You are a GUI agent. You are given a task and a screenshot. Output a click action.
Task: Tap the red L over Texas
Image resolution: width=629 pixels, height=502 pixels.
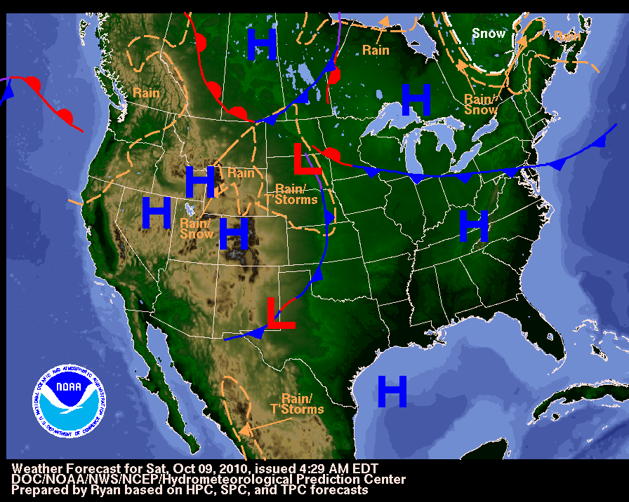281,313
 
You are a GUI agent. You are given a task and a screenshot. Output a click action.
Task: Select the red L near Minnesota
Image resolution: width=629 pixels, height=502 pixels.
307,159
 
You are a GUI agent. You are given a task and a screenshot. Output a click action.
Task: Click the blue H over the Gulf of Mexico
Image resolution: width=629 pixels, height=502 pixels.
392,391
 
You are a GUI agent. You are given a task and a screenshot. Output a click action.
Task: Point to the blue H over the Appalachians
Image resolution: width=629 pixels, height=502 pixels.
474,226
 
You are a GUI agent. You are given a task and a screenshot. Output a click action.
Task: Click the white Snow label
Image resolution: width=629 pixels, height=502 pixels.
488,34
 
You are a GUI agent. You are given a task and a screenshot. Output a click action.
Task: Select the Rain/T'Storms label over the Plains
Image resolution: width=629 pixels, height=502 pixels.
290,194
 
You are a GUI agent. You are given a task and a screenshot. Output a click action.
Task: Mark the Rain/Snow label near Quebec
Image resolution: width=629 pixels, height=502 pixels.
481,104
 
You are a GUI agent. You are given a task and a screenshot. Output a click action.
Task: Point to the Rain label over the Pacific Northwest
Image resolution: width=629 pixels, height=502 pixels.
146,93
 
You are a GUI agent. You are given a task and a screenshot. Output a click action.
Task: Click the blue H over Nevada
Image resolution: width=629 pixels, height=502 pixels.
157,213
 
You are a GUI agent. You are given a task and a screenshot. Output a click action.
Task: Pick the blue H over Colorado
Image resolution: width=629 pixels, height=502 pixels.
234,234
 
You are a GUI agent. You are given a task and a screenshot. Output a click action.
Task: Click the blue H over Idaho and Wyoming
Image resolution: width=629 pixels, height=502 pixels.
200,182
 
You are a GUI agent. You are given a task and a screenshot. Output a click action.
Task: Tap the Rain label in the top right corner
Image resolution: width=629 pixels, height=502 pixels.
567,35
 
